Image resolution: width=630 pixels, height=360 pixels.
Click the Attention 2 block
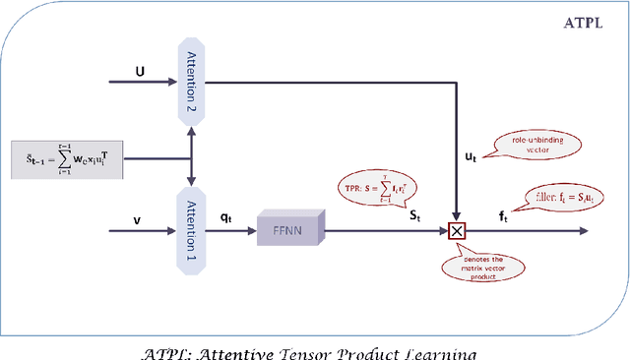click(190, 82)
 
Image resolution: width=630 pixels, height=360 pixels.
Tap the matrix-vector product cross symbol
click(457, 232)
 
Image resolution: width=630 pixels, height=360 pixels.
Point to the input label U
click(140, 71)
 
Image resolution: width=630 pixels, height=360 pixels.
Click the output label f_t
click(505, 216)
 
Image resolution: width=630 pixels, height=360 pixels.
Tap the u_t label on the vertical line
click(471, 156)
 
